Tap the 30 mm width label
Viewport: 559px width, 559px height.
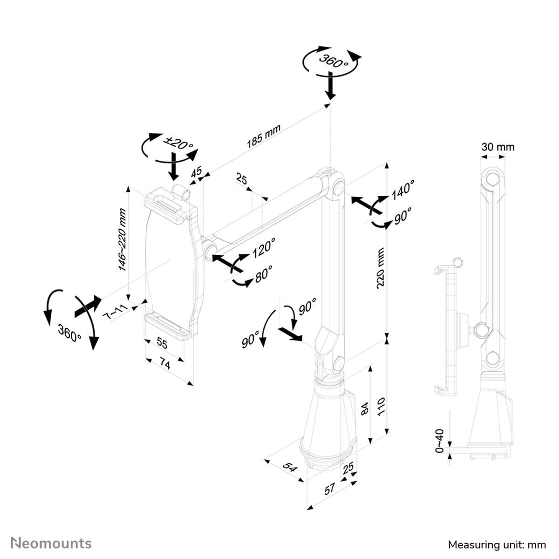coord(498,147)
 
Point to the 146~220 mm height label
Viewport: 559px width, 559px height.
coord(122,239)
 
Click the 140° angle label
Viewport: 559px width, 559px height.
coord(402,190)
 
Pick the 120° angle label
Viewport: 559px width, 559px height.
coord(264,247)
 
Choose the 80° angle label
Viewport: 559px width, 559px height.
coord(264,273)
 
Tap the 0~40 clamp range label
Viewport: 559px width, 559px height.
coord(439,441)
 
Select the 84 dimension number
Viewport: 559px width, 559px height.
coord(366,408)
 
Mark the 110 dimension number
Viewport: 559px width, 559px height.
coord(381,406)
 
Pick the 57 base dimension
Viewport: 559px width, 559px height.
coord(330,489)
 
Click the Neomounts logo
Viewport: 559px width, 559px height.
coord(51,543)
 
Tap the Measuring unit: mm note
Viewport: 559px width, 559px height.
coord(497,544)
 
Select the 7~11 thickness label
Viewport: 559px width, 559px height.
coord(114,312)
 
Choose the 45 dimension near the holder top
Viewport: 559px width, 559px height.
coord(197,171)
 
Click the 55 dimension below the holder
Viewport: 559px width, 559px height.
coord(162,343)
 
